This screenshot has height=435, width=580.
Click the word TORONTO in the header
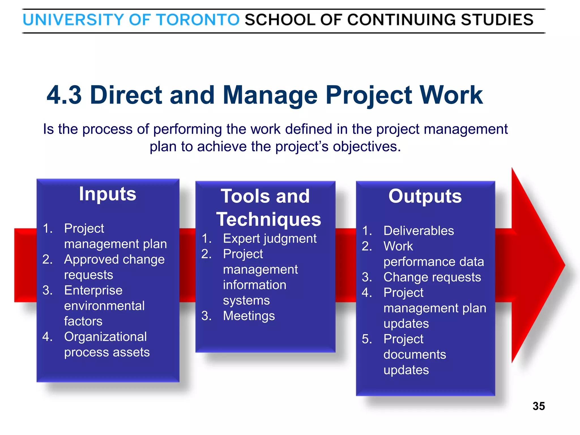[198, 20]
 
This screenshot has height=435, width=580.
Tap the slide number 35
[538, 406]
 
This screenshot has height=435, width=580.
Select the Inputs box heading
[108, 194]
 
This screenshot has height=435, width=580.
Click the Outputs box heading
[425, 196]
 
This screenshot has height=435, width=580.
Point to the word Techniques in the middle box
[269, 219]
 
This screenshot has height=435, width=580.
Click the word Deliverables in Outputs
[419, 231]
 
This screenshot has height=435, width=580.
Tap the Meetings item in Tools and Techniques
[249, 316]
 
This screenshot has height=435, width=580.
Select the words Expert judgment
[270, 238]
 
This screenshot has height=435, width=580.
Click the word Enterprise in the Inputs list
[93, 290]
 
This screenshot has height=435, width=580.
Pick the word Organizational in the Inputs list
[105, 337]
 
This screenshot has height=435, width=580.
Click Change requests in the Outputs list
[432, 277]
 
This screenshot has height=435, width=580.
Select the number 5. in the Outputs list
[367, 339]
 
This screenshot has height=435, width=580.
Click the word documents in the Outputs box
[415, 355]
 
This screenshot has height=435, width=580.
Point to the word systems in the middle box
[246, 300]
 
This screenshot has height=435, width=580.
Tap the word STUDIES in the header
[497, 20]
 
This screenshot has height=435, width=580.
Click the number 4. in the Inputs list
[47, 337]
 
